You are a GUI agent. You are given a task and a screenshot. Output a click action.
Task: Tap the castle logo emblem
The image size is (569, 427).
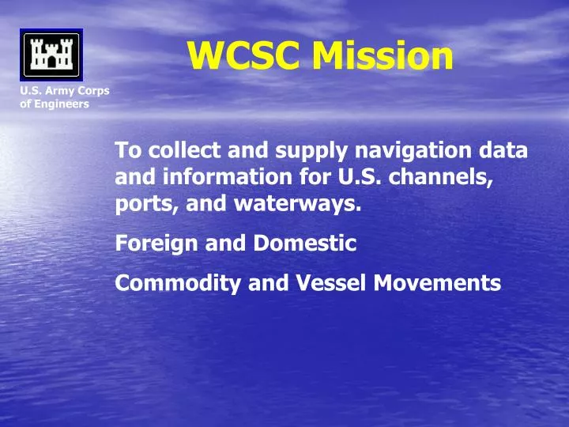51,55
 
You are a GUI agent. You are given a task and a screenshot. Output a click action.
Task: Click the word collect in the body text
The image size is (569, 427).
179,150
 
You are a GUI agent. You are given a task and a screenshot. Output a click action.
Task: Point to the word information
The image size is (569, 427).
209,179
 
